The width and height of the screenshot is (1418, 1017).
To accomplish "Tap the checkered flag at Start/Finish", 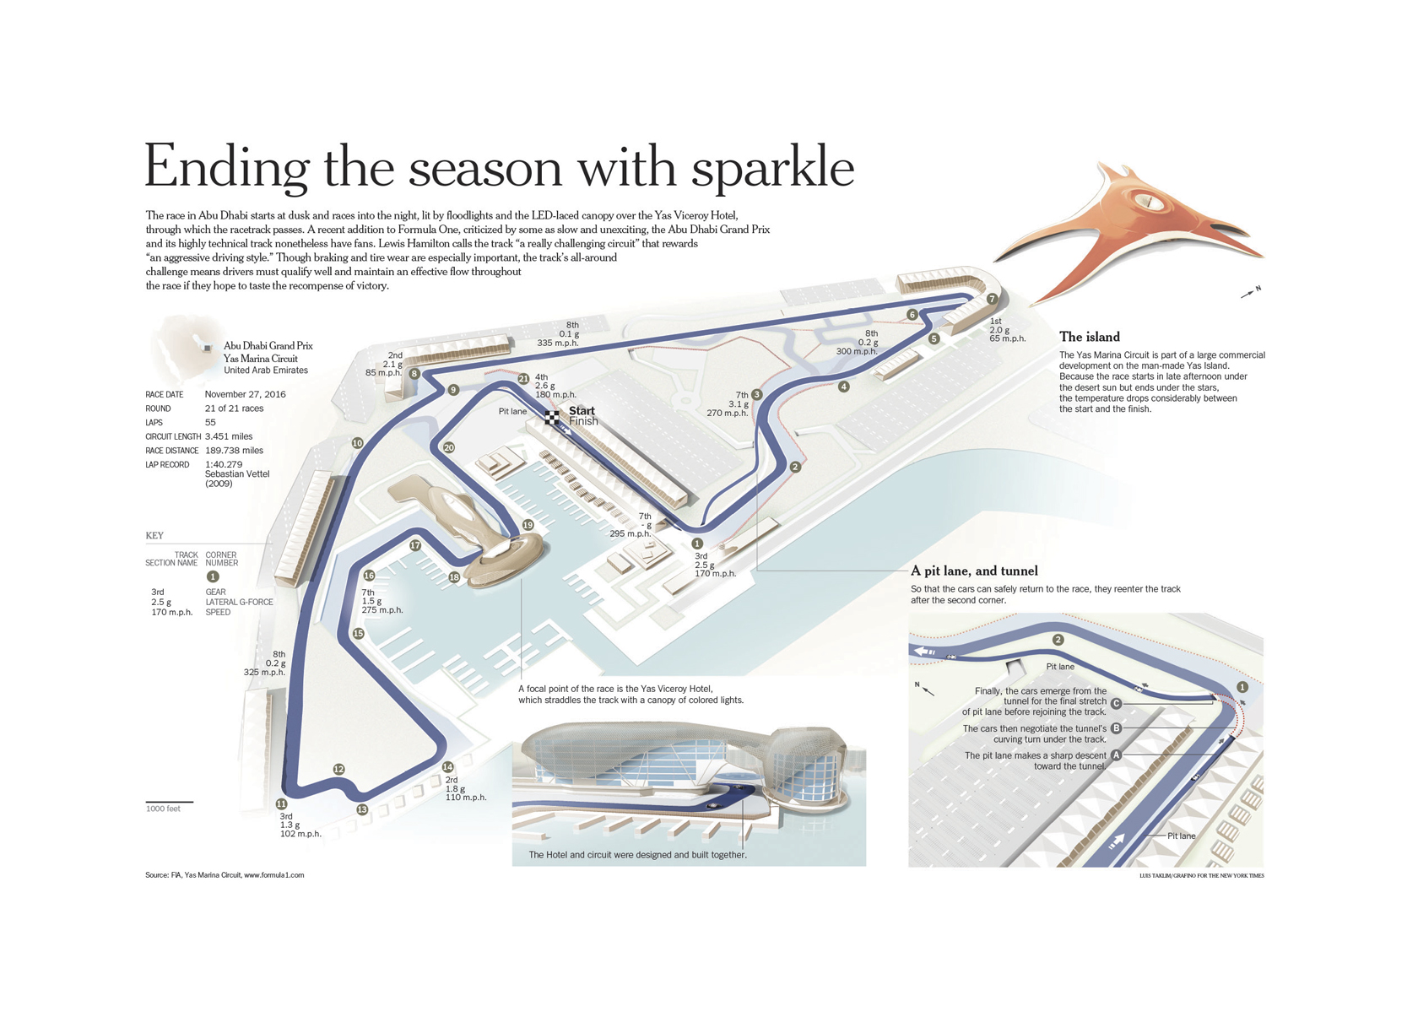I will (552, 416).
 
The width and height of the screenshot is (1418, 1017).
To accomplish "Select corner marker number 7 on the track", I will (993, 299).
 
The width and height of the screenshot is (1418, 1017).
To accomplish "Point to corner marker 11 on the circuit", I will (281, 804).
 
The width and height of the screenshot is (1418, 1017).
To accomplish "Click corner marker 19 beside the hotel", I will (528, 525).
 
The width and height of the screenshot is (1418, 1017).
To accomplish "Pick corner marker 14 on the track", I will (447, 767).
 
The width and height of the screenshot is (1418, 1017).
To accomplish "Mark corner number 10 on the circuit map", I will (357, 443).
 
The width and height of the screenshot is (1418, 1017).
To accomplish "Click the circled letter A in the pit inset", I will (1116, 755).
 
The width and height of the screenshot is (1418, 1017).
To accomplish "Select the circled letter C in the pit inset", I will (1116, 703).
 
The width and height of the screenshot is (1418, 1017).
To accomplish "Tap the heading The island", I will (1089, 337).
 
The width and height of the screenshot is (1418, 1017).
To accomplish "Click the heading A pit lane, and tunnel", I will (974, 571).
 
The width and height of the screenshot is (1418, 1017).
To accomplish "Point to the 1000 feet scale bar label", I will (163, 809).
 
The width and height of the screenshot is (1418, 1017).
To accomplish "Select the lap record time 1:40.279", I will (224, 464).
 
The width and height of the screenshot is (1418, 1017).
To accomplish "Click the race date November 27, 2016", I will (245, 394).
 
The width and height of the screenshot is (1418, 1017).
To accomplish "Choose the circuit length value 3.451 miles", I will (229, 436).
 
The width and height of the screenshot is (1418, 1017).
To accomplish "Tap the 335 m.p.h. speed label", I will (557, 344).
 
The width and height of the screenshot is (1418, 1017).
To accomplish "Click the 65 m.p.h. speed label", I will (1007, 338).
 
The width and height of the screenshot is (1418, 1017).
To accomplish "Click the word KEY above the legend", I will (154, 535).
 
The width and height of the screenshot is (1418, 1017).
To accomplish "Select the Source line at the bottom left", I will (225, 875).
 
